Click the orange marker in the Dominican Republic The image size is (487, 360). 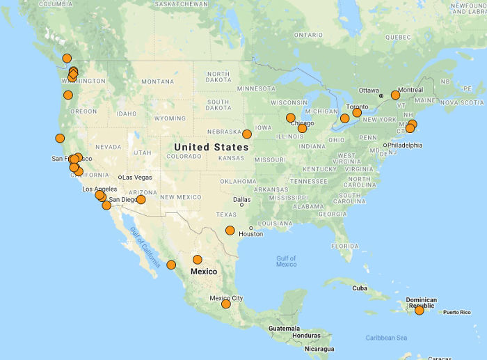pyautogui.click(x=420, y=310)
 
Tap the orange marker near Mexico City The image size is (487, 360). pyautogui.click(x=226, y=304)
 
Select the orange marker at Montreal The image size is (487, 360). pyautogui.click(x=395, y=95)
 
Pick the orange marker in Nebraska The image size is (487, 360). pyautogui.click(x=247, y=134)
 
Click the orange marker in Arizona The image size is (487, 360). pyautogui.click(x=141, y=199)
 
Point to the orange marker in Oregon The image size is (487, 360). pyautogui.click(x=67, y=95)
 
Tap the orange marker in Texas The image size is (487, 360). pyautogui.click(x=230, y=230)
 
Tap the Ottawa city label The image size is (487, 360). pyautogui.click(x=369, y=91)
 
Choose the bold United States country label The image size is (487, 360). pyautogui.click(x=211, y=147)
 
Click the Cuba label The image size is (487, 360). pyautogui.click(x=360, y=288)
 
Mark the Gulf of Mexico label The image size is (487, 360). pyautogui.click(x=286, y=261)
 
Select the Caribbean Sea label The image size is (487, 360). pyautogui.click(x=386, y=338)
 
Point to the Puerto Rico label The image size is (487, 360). pyautogui.click(x=457, y=312)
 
